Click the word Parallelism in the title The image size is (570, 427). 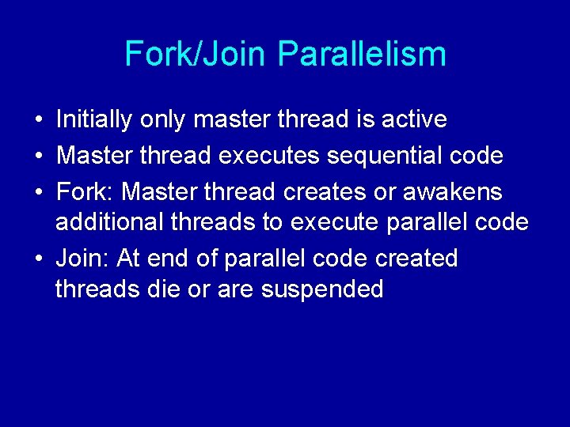pos(363,54)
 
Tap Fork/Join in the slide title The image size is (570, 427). pos(197,54)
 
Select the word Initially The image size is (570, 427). pos(94,119)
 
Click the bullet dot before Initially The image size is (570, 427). pos(38,120)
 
